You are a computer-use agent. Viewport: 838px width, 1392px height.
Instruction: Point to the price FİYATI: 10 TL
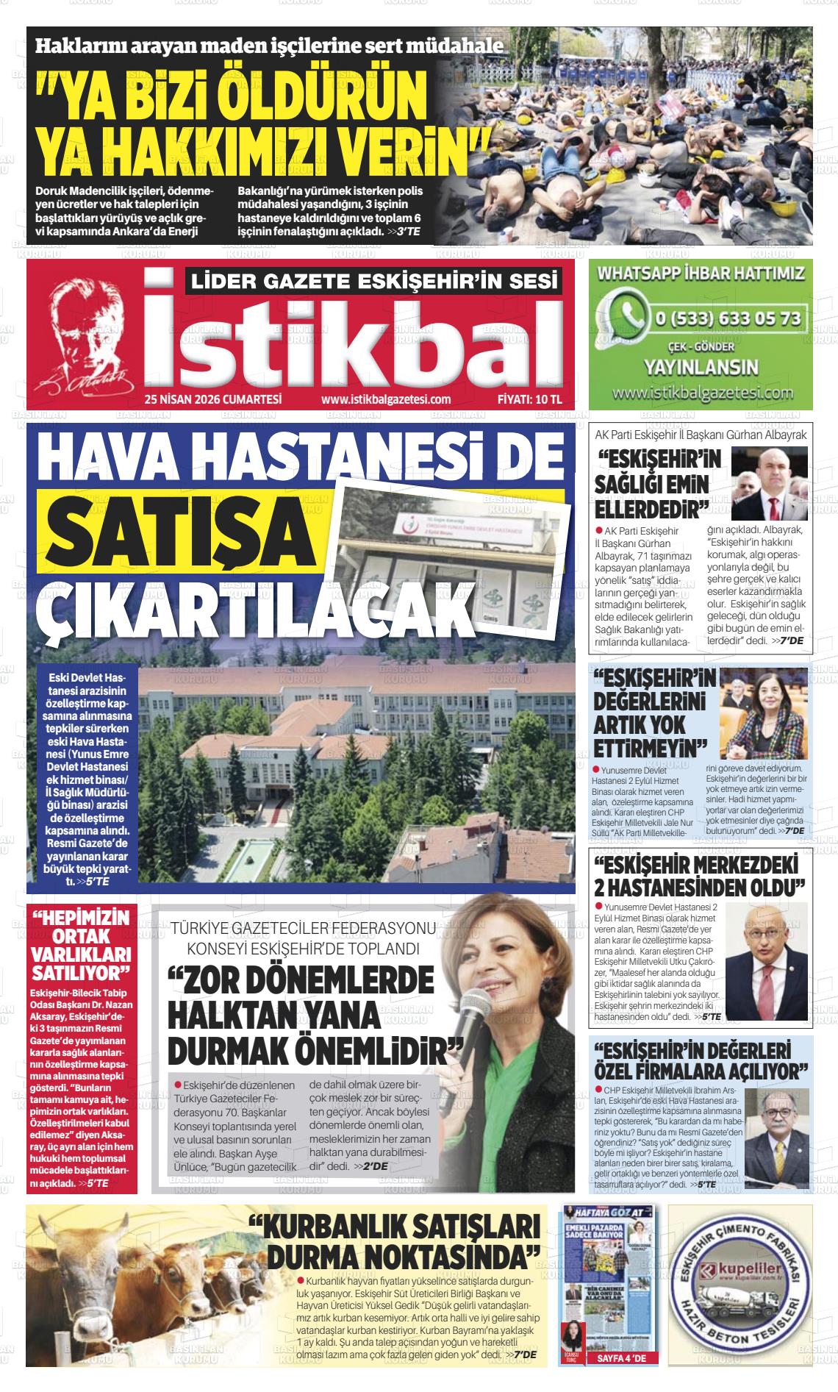pos(529,399)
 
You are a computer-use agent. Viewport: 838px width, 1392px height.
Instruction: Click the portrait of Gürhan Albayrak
pos(768,483)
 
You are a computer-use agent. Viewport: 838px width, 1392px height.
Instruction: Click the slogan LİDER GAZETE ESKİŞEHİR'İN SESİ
pos(374,282)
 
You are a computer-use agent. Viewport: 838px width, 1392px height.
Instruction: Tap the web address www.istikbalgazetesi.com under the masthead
pos(386,399)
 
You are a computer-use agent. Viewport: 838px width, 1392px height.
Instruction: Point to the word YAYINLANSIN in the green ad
pos(701,367)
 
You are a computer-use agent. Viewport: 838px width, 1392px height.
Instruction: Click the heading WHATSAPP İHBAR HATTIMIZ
pos(701,274)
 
